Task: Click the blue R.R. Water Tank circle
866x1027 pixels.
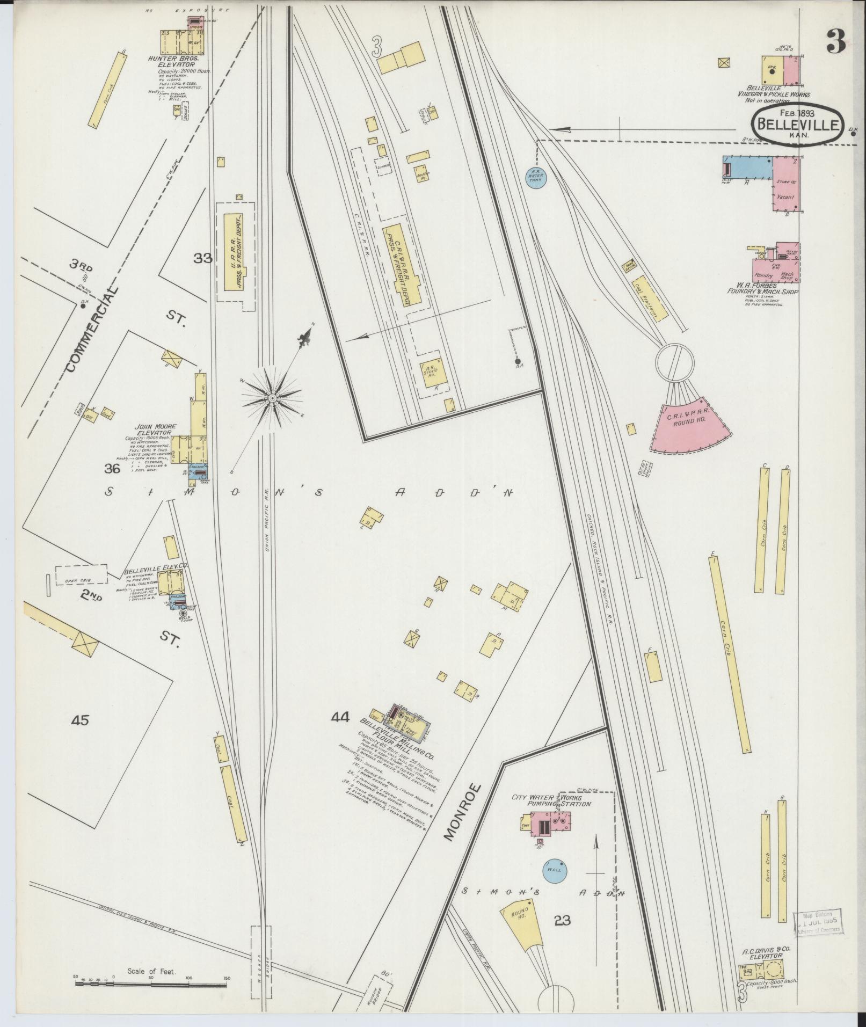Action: [x=536, y=177]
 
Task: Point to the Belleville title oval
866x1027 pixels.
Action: [x=798, y=124]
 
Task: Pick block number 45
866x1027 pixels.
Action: [x=80, y=720]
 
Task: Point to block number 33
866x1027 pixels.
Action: [x=203, y=258]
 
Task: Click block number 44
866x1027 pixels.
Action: [x=340, y=717]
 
